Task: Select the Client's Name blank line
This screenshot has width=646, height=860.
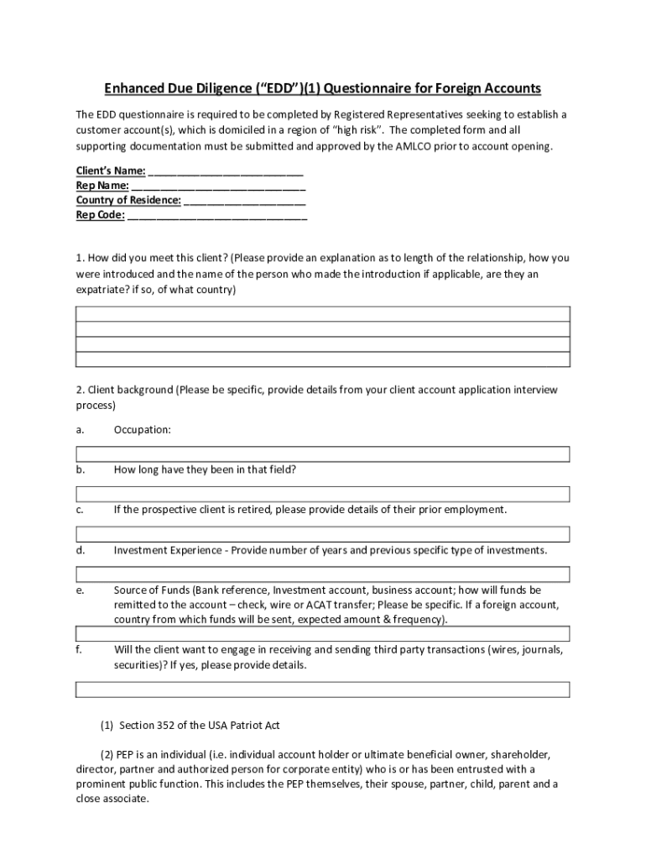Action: [x=225, y=171]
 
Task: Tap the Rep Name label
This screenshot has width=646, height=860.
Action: [x=102, y=186]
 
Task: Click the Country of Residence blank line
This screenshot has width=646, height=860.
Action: [x=244, y=200]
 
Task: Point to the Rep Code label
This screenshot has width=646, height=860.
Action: [x=100, y=214]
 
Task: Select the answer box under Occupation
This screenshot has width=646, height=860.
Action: [x=323, y=454]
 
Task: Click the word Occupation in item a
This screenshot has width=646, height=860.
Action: [x=142, y=430]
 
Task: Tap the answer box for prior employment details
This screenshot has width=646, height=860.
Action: [x=323, y=534]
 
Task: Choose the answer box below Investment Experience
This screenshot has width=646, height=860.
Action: [x=323, y=574]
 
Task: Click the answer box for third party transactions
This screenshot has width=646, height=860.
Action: [x=323, y=690]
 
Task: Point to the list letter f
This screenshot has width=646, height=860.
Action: [x=78, y=650]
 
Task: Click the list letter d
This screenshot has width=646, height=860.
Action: [x=80, y=551]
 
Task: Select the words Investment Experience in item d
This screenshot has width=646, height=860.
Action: [x=169, y=551]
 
